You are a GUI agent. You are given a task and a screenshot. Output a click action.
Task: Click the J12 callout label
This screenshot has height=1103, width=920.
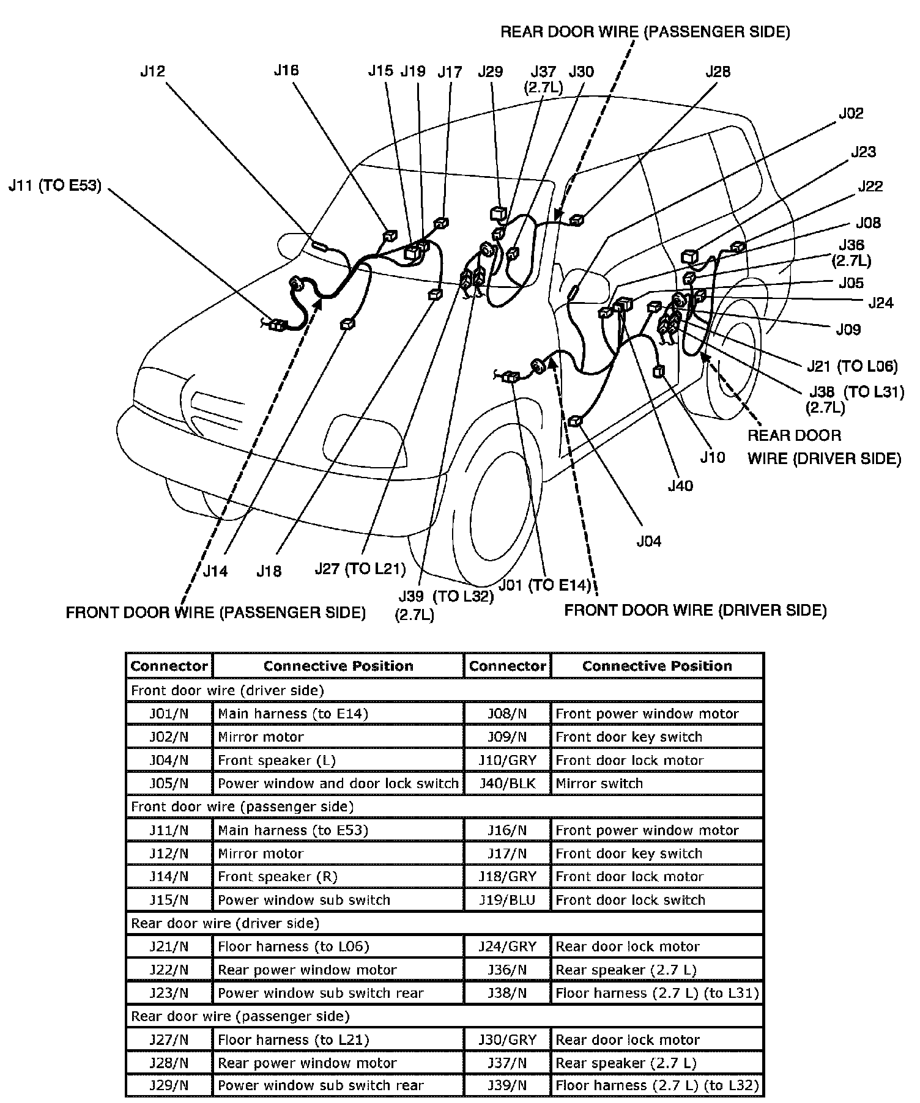pyautogui.click(x=152, y=72)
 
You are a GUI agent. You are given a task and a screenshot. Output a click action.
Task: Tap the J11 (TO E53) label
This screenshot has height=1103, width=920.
pyautogui.click(x=55, y=186)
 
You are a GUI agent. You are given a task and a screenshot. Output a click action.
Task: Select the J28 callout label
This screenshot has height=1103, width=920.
pyautogui.click(x=718, y=72)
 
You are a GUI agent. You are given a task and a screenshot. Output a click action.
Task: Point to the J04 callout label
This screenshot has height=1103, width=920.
pyautogui.click(x=648, y=541)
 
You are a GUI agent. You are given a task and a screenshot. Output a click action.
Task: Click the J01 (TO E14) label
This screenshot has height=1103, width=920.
pyautogui.click(x=544, y=585)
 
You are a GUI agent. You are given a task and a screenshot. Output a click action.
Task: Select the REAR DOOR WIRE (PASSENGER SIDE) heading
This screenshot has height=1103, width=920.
pyautogui.click(x=645, y=32)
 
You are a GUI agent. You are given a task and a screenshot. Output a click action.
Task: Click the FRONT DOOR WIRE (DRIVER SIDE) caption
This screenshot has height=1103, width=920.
pyautogui.click(x=695, y=610)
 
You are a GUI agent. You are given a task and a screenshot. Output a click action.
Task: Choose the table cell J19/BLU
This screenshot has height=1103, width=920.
pyautogui.click(x=507, y=900)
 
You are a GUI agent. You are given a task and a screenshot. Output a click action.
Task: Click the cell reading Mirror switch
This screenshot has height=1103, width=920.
pyautogui.click(x=599, y=784)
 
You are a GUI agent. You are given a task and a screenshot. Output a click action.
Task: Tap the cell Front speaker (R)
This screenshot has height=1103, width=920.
pyautogui.click(x=278, y=877)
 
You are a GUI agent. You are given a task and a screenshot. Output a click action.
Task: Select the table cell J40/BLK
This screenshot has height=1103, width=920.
pyautogui.click(x=507, y=784)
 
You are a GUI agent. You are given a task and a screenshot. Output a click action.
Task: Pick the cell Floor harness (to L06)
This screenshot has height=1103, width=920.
pyautogui.click(x=294, y=946)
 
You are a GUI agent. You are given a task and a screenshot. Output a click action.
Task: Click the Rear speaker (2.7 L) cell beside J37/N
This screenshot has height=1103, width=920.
pyautogui.click(x=626, y=1063)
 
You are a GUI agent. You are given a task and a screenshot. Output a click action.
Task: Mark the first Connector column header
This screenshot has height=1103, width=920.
pyautogui.click(x=169, y=666)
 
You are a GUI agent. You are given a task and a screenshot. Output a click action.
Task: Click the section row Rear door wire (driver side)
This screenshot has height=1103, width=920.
pyautogui.click(x=225, y=923)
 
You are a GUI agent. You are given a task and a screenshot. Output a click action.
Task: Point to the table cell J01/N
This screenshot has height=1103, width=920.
pyautogui.click(x=169, y=714)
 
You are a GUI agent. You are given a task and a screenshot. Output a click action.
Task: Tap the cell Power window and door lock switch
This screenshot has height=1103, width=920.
pyautogui.click(x=338, y=784)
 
